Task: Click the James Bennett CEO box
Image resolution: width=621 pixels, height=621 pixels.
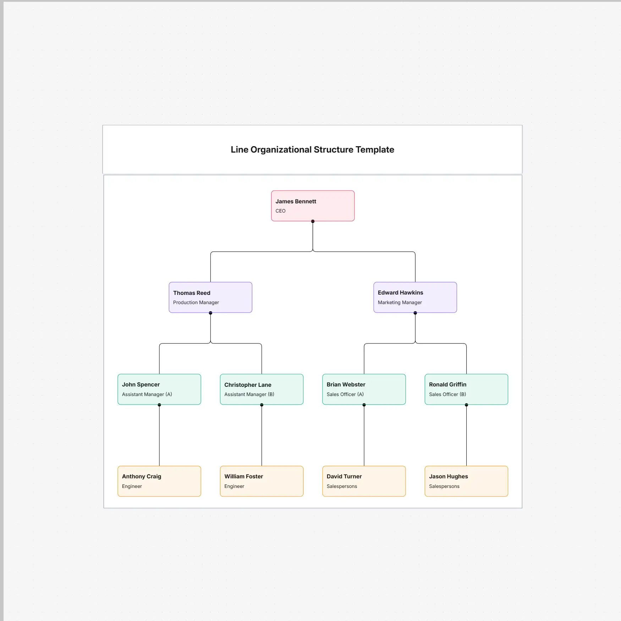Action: (313, 206)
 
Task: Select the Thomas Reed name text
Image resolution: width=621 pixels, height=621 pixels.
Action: (192, 293)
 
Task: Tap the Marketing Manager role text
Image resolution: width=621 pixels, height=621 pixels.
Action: (400, 302)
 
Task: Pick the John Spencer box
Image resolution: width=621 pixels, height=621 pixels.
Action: (159, 389)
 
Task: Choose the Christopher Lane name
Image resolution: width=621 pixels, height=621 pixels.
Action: (248, 385)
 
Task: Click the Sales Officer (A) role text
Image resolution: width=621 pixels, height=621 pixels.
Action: (345, 394)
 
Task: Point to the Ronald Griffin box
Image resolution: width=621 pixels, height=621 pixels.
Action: (466, 389)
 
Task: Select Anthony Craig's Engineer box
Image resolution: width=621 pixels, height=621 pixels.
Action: (159, 481)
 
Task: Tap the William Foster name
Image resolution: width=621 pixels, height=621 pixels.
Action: (243, 476)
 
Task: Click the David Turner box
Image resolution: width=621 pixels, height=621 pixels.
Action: (364, 481)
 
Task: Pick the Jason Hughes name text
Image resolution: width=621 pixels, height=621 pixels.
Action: (448, 476)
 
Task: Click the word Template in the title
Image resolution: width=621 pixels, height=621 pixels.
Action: (375, 150)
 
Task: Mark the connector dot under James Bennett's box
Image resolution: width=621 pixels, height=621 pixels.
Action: (313, 221)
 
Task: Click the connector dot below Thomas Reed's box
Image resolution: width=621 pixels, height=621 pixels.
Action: (210, 313)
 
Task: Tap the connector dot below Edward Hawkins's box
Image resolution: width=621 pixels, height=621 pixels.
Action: (415, 313)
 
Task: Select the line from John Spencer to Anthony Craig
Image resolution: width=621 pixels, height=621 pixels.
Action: (159, 435)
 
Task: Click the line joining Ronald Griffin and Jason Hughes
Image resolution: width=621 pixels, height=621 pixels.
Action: (466, 435)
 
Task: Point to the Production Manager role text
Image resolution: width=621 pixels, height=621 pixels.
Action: (196, 302)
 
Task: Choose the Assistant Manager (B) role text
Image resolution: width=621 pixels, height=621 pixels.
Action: (249, 394)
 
